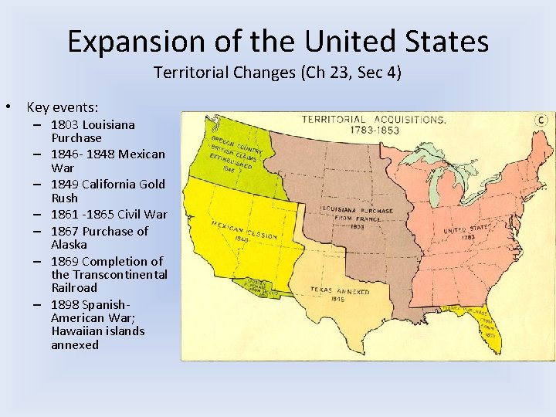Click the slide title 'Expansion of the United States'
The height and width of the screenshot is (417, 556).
(x=278, y=41)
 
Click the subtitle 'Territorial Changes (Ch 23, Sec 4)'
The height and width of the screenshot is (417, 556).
(x=278, y=73)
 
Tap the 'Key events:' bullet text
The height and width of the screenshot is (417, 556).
(x=62, y=107)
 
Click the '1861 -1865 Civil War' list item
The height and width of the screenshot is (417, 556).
(x=109, y=214)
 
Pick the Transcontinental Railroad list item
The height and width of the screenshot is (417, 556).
(x=108, y=274)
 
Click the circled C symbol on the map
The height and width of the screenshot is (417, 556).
(x=542, y=120)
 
